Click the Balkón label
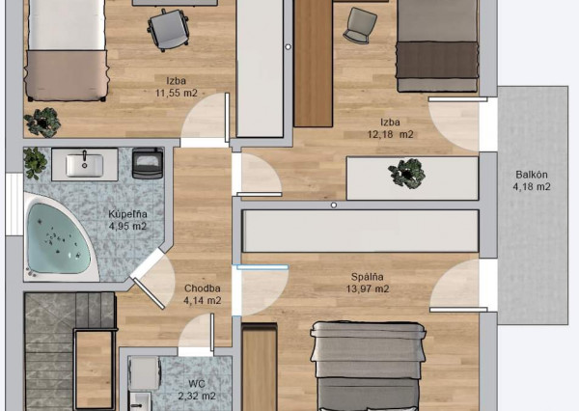pyautogui.click(x=532, y=175)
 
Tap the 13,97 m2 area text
pyautogui.click(x=368, y=288)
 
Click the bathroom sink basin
pyautogui.click(x=84, y=165)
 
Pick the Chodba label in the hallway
pyautogui.click(x=203, y=288)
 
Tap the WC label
pyautogui.click(x=197, y=384)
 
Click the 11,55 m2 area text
pyautogui.click(x=177, y=93)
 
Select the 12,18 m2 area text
pyautogui.click(x=390, y=134)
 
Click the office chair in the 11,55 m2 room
pyautogui.click(x=168, y=30)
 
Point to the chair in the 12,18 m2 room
pyautogui.click(x=359, y=25)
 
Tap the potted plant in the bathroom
pyautogui.click(x=35, y=163)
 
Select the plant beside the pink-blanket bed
pyautogui.click(x=42, y=122)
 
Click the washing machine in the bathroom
pyautogui.click(x=148, y=164)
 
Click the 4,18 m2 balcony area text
pyautogui.click(x=532, y=186)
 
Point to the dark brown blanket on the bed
pyautogui.click(x=437, y=60)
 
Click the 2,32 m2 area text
pyautogui.click(x=197, y=397)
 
